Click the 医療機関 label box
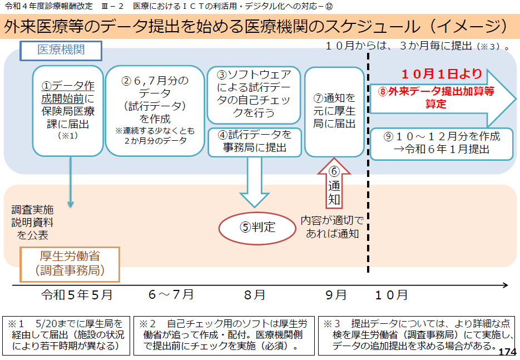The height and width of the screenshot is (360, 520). click(x=61, y=50)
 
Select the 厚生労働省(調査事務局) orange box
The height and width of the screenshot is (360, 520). click(x=64, y=264)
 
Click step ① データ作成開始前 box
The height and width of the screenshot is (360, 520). click(x=68, y=111)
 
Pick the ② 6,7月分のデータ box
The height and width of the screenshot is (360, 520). click(x=155, y=111)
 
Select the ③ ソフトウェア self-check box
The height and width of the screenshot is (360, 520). click(x=254, y=94)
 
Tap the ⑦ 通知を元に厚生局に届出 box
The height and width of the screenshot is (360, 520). click(x=334, y=111)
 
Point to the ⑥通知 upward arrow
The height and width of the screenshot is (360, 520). click(x=334, y=183)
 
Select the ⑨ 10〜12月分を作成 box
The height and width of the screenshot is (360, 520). click(x=443, y=143)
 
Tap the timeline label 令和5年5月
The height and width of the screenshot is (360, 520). click(x=77, y=294)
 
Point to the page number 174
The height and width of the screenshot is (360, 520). click(x=507, y=352)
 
